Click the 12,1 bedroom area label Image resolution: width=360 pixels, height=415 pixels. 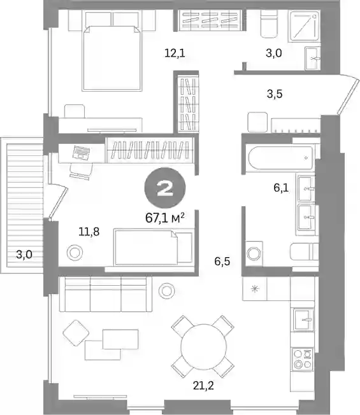tap(175, 53)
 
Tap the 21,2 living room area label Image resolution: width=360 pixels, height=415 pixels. tap(203, 386)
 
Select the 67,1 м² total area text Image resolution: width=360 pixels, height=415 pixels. tap(165, 218)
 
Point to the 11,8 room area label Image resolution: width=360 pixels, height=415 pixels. tap(89, 232)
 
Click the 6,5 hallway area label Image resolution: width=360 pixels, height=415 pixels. tap(222, 262)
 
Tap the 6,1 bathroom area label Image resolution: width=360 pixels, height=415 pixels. tap(281, 188)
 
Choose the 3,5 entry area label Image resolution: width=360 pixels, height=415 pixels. tap(275, 94)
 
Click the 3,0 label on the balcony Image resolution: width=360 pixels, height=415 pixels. tap(24, 255)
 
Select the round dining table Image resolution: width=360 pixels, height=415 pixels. tap(203, 346)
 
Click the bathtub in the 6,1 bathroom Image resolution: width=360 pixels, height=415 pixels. tap(280, 158)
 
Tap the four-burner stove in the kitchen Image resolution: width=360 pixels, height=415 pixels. tap(303, 359)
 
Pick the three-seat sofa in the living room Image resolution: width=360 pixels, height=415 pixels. tap(106, 294)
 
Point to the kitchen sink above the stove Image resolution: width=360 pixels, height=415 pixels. tap(304, 320)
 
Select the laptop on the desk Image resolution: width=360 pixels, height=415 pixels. tap(81, 152)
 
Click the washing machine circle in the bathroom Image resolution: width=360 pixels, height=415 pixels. tap(254, 253)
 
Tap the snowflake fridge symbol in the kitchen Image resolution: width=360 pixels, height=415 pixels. tap(255, 288)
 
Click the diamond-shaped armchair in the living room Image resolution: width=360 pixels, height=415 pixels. tap(76, 333)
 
